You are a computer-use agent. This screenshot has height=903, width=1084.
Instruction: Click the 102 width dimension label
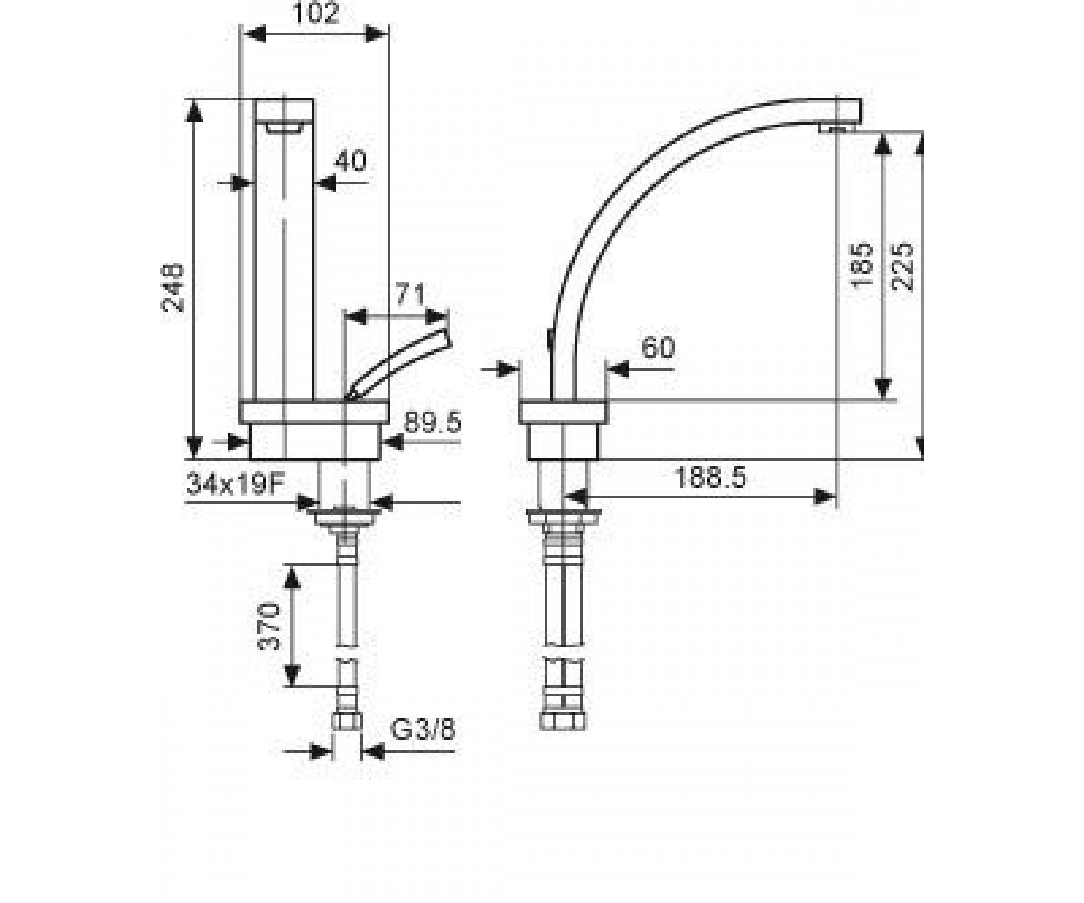[x=315, y=13]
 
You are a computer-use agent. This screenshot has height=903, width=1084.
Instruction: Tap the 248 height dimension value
[x=173, y=287]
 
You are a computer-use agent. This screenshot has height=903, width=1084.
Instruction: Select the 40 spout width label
[x=350, y=161]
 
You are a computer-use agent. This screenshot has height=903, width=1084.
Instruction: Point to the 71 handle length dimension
[x=410, y=293]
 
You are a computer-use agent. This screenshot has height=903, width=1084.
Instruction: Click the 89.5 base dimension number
[x=432, y=423]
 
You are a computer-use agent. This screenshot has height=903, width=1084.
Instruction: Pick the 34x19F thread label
[x=236, y=485]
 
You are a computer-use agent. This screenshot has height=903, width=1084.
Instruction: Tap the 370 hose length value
[x=270, y=627]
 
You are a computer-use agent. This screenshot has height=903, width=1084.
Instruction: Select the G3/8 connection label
[x=423, y=730]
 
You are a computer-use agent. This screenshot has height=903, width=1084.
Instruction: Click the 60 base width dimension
[x=658, y=347]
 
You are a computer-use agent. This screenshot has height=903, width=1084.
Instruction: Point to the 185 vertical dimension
[x=860, y=265]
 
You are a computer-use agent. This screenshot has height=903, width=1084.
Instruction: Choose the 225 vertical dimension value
[x=901, y=266]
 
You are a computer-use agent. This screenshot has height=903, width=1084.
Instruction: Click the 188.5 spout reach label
[x=710, y=477]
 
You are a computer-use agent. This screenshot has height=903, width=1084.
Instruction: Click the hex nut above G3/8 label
[x=346, y=721]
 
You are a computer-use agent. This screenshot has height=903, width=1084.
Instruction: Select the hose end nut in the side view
[x=562, y=721]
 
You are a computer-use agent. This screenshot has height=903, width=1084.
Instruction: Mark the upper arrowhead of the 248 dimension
[x=194, y=110]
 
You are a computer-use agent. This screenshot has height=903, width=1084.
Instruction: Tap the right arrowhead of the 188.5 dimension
[x=826, y=497]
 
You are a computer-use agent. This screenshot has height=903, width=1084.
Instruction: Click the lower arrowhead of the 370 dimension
[x=292, y=675]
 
